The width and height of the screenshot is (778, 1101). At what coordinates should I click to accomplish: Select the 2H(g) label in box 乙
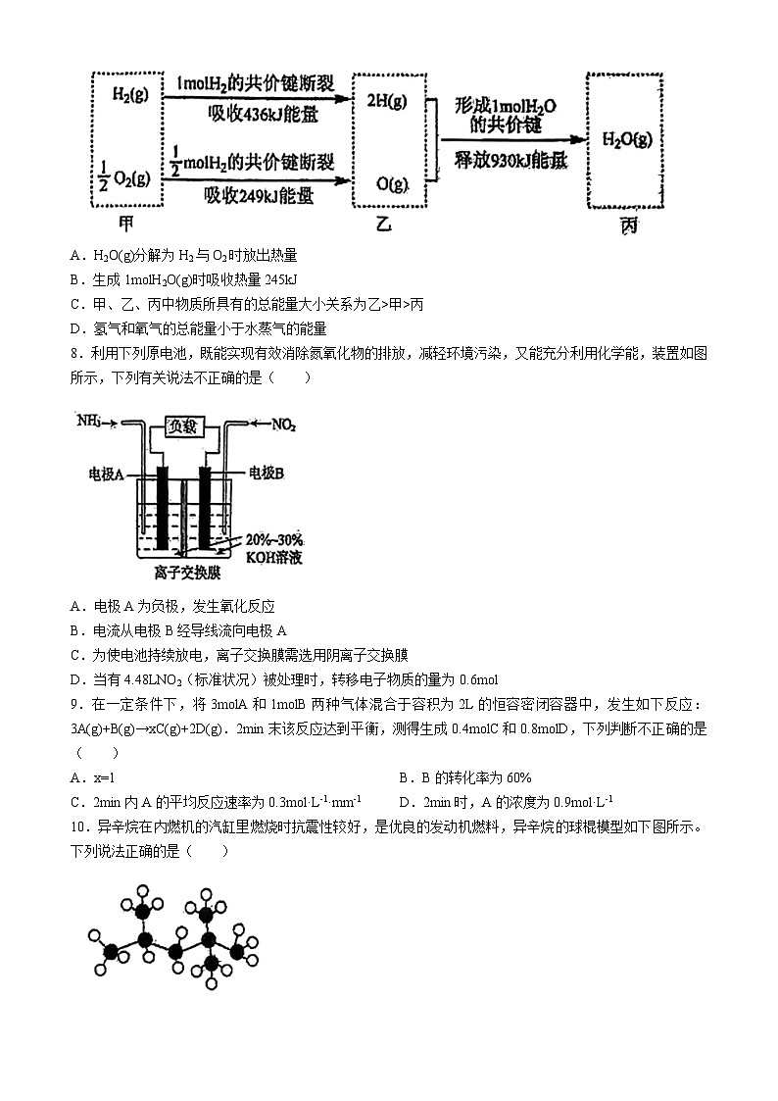point(386,100)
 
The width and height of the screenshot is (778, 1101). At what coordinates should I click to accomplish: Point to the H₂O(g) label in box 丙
point(627,139)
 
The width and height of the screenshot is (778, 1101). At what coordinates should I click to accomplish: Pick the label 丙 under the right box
point(628,225)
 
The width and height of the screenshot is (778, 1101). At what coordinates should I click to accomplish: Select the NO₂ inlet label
point(279,425)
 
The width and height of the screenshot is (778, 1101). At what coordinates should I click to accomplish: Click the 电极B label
point(266,473)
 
